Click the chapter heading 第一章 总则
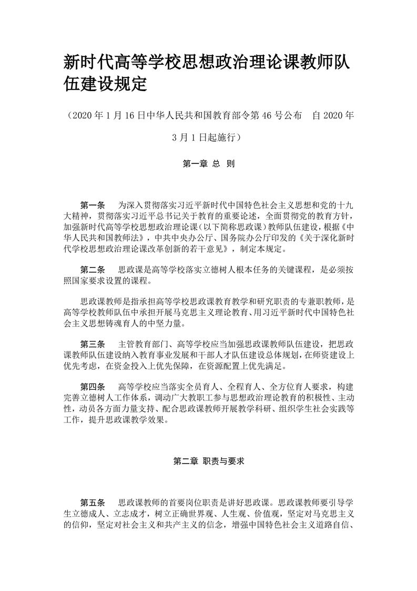click(x=208, y=164)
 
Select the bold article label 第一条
click(x=93, y=204)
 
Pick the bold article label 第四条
click(x=93, y=387)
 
